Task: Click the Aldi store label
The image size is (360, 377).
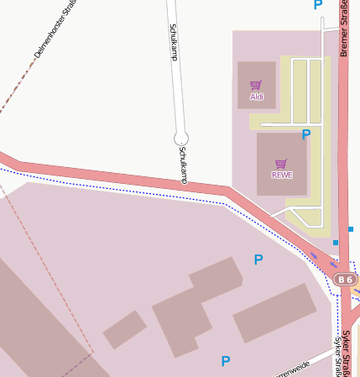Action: pos(256,97)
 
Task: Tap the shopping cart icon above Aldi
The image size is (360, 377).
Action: pos(256,85)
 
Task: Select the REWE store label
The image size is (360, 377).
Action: pos(281,175)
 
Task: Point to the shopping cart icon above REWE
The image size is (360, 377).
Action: pos(281,164)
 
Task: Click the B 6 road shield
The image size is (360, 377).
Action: pos(345,279)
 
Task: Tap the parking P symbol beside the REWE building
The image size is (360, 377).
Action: pos(306,134)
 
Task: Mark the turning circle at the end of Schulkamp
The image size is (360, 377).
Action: pos(180,138)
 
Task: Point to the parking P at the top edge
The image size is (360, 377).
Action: pos(317,5)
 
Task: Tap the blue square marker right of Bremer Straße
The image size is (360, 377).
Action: pos(350,229)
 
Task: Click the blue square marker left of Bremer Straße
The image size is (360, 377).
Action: pos(335,243)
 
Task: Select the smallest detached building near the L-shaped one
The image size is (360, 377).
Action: pos(124,329)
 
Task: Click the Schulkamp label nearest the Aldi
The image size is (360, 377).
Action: pos(173,42)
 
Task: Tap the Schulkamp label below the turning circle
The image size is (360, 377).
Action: pos(183,164)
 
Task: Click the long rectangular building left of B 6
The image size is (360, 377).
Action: pos(274,312)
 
